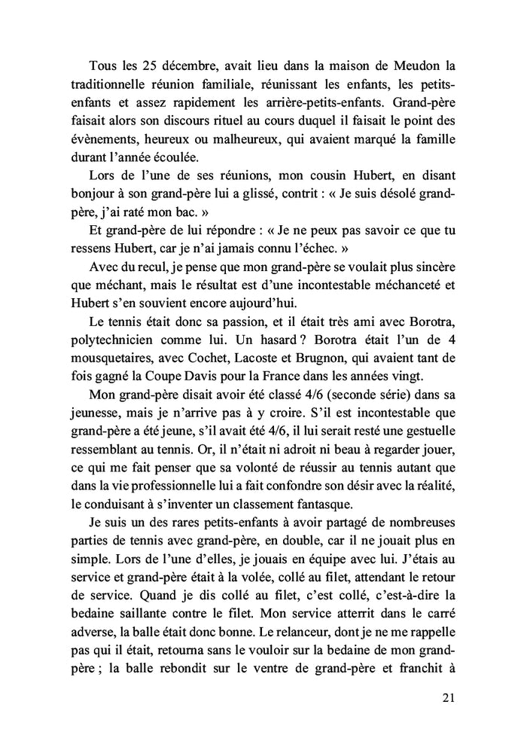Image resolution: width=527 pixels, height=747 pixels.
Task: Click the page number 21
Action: [446, 697]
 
